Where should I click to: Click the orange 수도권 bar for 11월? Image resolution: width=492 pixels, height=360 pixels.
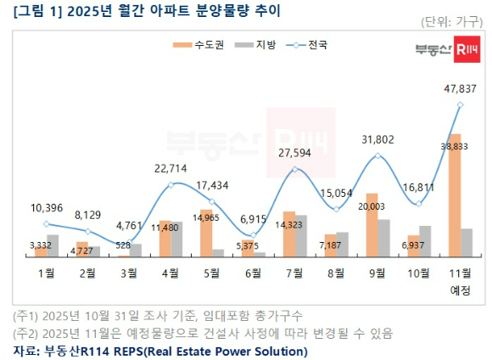pos(454,195)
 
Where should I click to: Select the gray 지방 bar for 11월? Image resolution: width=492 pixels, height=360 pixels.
pos(467,242)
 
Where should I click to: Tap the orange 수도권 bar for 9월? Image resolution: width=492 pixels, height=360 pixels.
pos(372,225)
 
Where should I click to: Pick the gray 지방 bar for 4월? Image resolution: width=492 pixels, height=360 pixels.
pos(177,239)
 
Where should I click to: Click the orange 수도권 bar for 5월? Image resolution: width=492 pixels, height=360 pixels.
pos(206,233)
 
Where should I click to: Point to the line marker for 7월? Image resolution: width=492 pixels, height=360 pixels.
pos(295,169)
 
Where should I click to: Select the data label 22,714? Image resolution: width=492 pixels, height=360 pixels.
pos(171,169)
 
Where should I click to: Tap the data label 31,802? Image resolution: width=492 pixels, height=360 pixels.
pos(377,139)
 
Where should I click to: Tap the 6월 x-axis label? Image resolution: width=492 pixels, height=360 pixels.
pos(254,273)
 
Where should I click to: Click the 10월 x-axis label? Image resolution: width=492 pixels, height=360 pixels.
pos(419,273)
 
